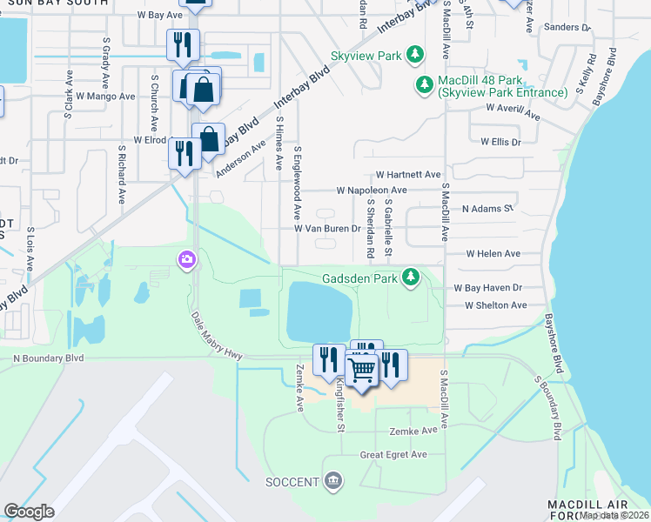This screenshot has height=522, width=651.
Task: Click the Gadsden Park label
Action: [359, 278]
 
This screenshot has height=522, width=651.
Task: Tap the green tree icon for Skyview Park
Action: [416, 56]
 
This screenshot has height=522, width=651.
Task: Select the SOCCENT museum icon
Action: [332, 480]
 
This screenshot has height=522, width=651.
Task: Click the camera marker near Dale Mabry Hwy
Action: [187, 259]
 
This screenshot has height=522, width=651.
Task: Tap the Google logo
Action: [29, 512]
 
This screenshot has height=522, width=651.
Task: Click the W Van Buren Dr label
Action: [327, 229]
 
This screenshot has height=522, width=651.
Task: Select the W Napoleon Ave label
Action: [372, 190]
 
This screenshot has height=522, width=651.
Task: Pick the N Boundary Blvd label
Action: [49, 358]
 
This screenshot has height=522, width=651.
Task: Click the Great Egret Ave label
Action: [394, 454]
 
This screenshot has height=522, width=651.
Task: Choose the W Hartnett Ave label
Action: [408, 175]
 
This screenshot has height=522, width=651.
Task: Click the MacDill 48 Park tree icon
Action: [425, 85]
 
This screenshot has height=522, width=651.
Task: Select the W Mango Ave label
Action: [105, 97]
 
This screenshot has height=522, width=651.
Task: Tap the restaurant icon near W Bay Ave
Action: [183, 44]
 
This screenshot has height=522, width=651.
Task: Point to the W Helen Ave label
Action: [493, 254]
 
